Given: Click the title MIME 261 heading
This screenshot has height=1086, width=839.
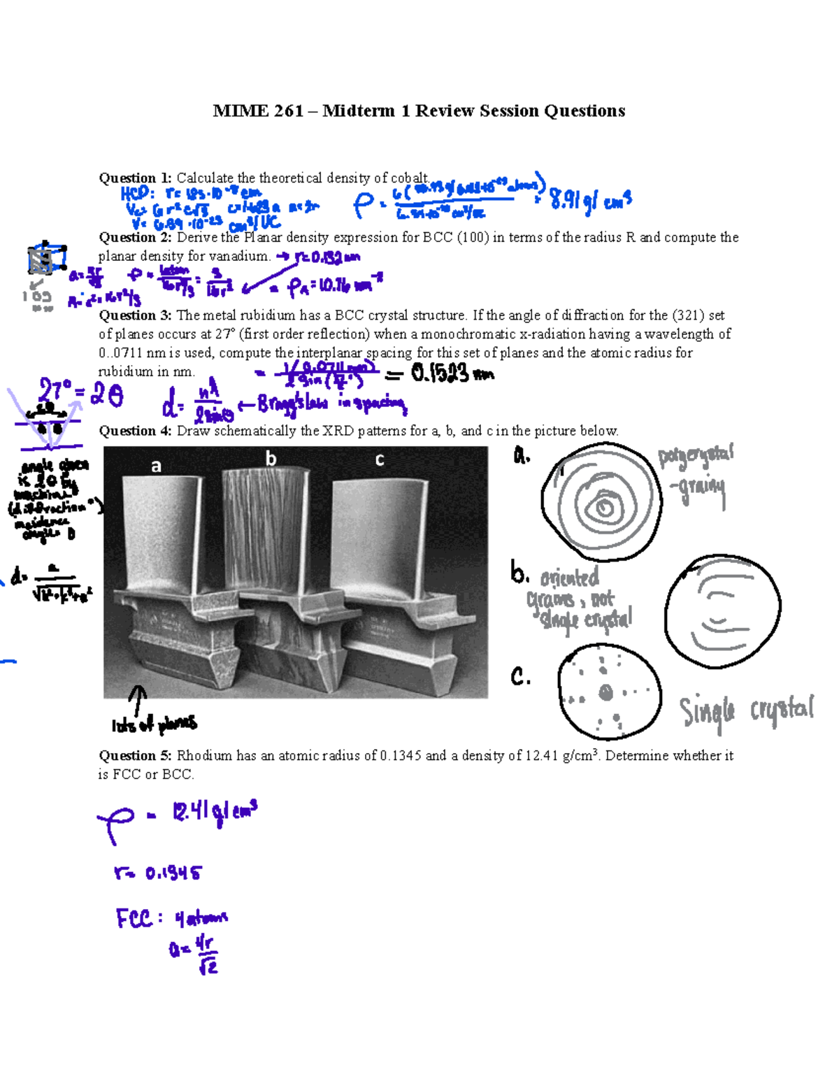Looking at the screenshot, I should tap(419, 111).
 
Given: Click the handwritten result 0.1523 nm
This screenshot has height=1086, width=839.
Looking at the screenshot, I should tap(451, 374).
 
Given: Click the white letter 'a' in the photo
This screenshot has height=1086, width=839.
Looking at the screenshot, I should tap(156, 466).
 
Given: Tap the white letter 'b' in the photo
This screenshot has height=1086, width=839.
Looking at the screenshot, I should tap(271, 459).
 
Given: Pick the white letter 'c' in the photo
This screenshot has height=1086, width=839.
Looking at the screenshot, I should tap(380, 459).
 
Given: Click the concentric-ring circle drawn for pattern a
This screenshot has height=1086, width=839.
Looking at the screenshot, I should tap(601, 501).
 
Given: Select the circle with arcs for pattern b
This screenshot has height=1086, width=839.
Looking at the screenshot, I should tap(722, 610).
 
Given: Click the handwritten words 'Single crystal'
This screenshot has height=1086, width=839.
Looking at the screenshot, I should tap(745, 712).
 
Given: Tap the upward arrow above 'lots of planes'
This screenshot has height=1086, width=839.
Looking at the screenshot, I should tap(138, 699).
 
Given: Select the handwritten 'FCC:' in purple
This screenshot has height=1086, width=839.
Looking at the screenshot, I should tap(137, 918).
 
